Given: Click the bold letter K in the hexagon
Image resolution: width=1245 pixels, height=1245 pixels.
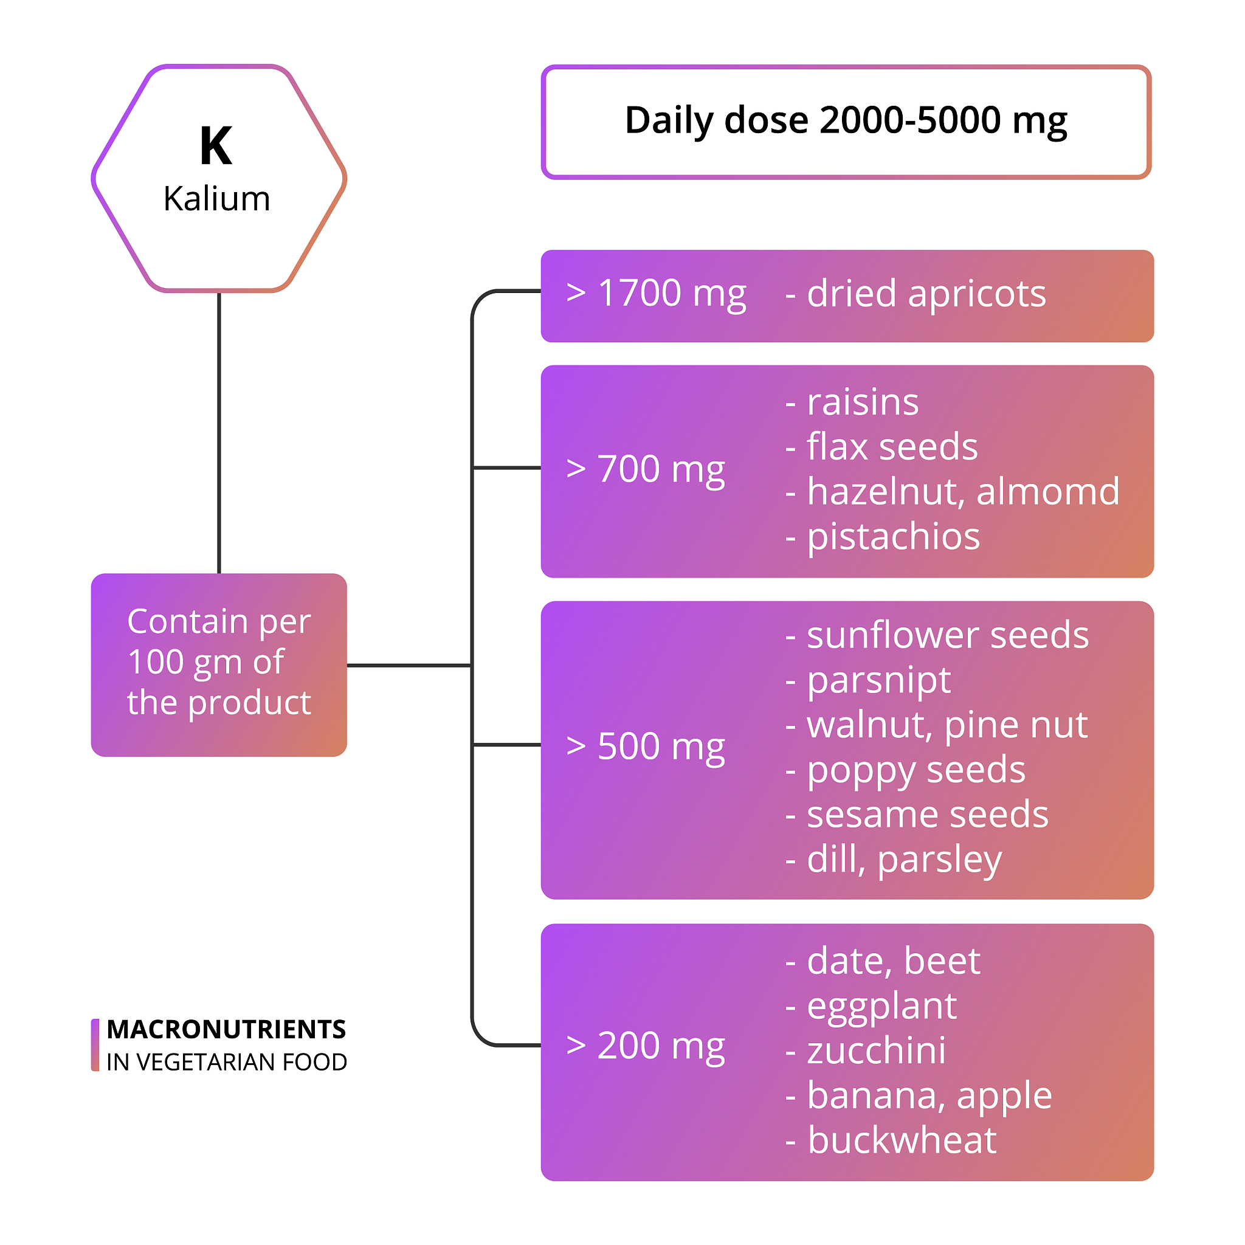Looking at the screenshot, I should (x=216, y=147).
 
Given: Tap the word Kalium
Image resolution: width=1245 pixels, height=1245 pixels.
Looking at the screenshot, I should (x=216, y=198).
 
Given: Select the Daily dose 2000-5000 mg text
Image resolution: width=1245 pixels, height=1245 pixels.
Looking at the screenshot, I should (x=846, y=120).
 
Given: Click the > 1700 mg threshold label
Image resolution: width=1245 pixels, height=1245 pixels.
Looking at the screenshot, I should (x=656, y=294).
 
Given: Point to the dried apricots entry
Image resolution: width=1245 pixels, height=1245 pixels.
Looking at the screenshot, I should (x=915, y=294).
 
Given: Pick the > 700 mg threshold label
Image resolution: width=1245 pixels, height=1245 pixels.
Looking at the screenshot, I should (x=645, y=469).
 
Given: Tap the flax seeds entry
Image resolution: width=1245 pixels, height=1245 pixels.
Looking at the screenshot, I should (x=881, y=447).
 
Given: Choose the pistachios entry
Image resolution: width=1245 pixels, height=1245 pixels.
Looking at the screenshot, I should (x=883, y=536).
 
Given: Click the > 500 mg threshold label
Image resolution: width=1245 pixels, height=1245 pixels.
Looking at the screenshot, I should (x=645, y=747).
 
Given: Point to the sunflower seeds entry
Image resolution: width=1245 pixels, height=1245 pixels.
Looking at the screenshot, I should (x=937, y=635).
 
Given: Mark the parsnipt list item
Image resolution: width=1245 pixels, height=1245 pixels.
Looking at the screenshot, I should (x=868, y=680).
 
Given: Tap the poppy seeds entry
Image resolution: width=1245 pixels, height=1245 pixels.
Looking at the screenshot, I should (x=905, y=770).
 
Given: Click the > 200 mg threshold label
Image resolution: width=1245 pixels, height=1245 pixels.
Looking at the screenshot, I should (x=645, y=1044).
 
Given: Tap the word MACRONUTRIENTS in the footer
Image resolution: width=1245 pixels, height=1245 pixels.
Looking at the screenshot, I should (x=226, y=1029).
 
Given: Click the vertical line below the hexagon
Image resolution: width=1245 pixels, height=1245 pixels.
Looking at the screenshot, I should (x=219, y=432).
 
